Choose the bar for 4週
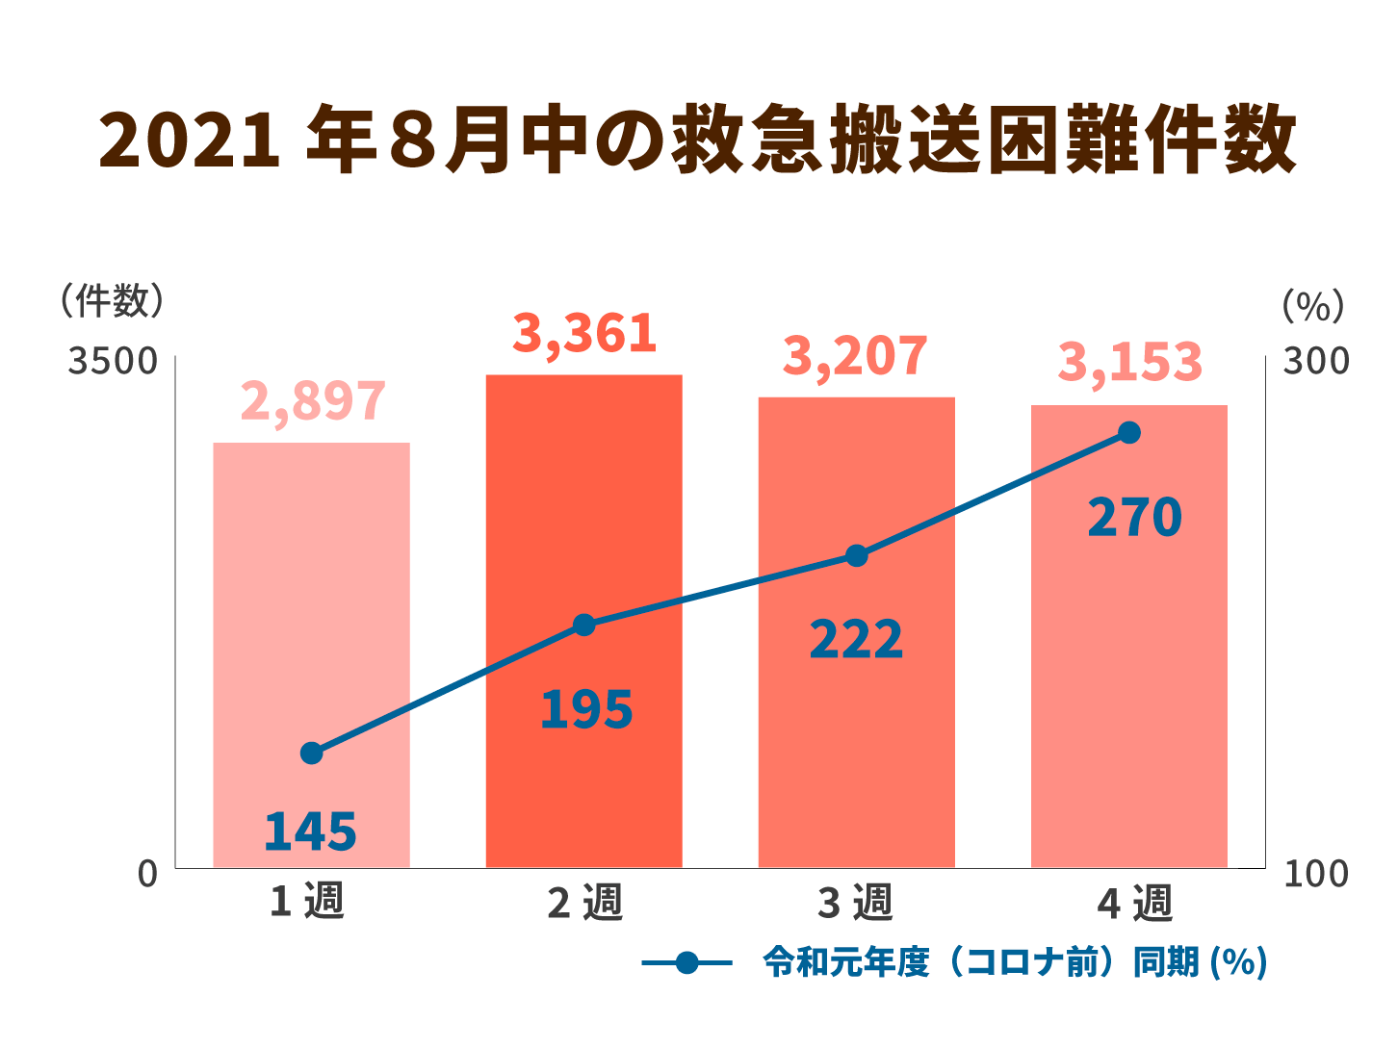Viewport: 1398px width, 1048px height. [1128, 674]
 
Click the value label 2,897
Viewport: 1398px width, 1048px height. [312, 401]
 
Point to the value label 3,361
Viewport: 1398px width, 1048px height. [584, 334]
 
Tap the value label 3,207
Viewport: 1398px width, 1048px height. [855, 356]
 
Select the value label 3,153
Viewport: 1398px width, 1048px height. [1129, 363]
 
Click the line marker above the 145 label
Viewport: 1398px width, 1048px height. [311, 753]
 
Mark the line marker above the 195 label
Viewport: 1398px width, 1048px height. [583, 626]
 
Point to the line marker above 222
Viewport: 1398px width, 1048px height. [857, 555]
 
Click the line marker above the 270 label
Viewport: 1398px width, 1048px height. [1129, 433]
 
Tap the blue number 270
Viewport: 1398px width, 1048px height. [1134, 518]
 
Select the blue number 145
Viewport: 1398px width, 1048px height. [310, 832]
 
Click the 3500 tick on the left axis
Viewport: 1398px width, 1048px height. [112, 362]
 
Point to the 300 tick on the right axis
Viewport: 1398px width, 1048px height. [1315, 362]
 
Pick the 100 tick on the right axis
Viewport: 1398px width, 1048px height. [1315, 874]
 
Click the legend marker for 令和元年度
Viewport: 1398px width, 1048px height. [686, 962]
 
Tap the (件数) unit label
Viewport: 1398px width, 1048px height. [112, 301]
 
